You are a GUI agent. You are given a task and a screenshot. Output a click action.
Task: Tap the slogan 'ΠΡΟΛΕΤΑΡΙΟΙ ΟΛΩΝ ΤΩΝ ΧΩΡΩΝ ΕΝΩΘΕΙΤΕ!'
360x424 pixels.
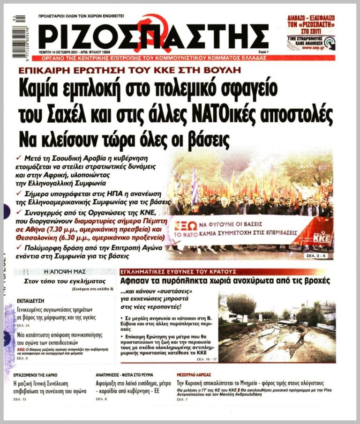coord(82,16)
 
